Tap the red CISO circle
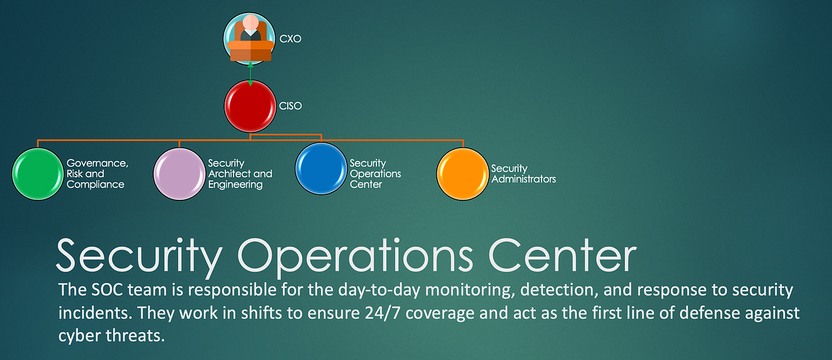(x=250, y=105)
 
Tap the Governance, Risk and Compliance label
(x=97, y=173)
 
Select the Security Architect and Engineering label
(x=240, y=173)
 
